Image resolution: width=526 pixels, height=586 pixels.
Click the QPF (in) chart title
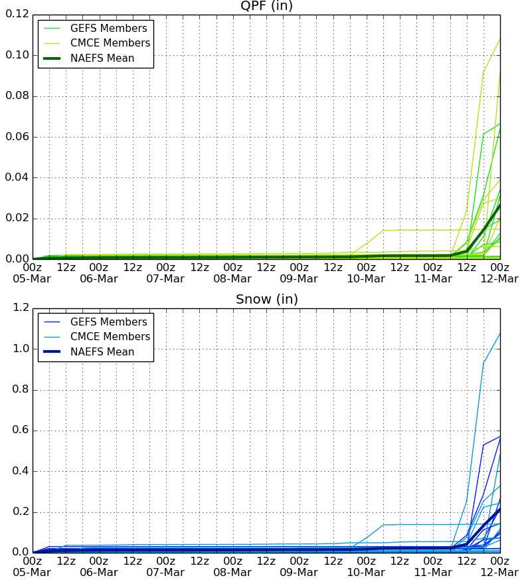(x=266, y=5)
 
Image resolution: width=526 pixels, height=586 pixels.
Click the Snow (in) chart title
(x=267, y=300)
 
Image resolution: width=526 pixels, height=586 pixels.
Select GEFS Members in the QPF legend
(x=109, y=29)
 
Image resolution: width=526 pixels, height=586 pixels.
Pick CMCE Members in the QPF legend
(x=110, y=43)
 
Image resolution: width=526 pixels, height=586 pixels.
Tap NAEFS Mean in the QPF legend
(x=102, y=58)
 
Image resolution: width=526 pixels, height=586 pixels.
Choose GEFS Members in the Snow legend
(x=109, y=322)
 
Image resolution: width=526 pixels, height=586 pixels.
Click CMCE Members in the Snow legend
(x=110, y=337)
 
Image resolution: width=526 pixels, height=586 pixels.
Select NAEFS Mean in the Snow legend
(x=102, y=352)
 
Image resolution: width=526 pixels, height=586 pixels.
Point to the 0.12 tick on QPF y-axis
(x=17, y=14)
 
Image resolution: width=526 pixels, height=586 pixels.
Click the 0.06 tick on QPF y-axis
(x=17, y=137)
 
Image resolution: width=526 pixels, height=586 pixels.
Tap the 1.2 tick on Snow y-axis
(x=21, y=308)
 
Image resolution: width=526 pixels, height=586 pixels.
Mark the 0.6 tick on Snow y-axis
(x=21, y=430)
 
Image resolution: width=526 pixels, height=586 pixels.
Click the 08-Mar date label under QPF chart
(x=232, y=279)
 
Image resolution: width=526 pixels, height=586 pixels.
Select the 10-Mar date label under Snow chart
(x=366, y=573)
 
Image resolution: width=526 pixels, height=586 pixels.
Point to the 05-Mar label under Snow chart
(x=32, y=573)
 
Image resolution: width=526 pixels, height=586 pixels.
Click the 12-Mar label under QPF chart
(x=499, y=279)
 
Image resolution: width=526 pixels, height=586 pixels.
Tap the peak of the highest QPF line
(x=500, y=39)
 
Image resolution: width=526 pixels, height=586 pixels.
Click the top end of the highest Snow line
(x=500, y=333)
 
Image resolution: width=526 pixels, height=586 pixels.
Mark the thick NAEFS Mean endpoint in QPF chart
(x=500, y=205)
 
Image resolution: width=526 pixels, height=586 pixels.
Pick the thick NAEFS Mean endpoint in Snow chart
(x=500, y=509)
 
